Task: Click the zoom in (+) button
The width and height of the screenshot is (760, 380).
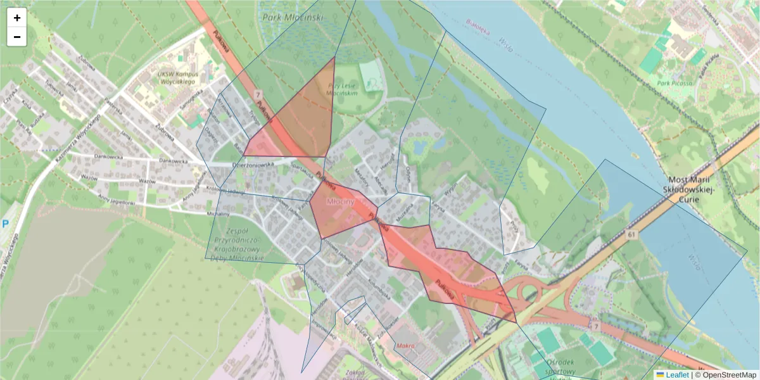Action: tap(17, 18)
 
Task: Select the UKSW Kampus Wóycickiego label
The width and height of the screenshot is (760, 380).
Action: tap(178, 78)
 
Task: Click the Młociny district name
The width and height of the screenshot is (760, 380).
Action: tap(340, 201)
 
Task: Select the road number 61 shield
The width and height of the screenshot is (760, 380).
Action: tap(631, 234)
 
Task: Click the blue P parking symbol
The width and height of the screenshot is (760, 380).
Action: tap(6, 224)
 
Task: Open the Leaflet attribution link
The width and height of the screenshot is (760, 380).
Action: tap(676, 375)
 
